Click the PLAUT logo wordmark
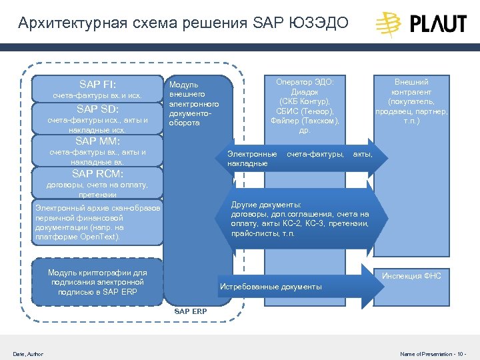pyautogui.click(x=437, y=25)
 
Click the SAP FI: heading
pyautogui.click(x=97, y=85)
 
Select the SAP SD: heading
pyautogui.click(x=97, y=109)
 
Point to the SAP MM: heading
pyautogui.click(x=97, y=141)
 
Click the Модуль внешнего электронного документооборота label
pyautogui.click(x=193, y=103)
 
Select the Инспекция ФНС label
pyautogui.click(x=411, y=276)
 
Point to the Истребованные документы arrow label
pyautogui.click(x=271, y=287)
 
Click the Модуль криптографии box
pyautogui.click(x=97, y=282)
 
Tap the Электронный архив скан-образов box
pyautogui.click(x=97, y=222)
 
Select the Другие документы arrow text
pyautogui.click(x=299, y=219)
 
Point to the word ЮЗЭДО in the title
pyautogui.click(x=320, y=24)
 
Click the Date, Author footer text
pyautogui.click(x=28, y=354)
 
